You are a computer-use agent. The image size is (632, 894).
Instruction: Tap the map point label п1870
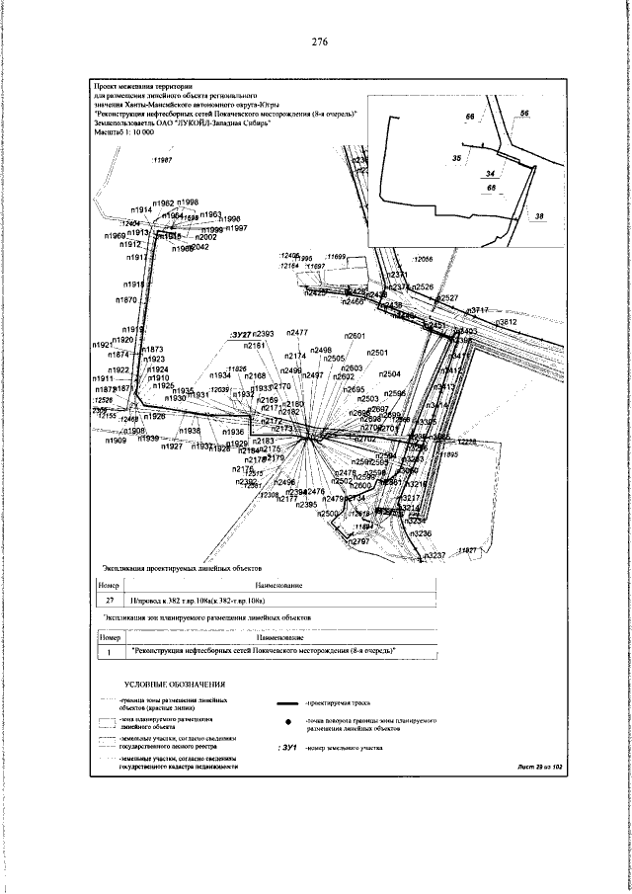pos(126,299)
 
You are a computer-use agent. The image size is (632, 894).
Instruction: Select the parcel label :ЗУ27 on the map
pos(241,336)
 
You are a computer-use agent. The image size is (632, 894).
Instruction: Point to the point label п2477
pos(297,333)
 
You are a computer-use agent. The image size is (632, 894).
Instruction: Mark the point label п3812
pos(505,322)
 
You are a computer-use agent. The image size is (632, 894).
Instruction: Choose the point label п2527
pos(447,297)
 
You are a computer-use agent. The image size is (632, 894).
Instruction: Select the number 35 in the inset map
pos(456,157)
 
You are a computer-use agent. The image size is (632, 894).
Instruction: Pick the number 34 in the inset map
pos(492,173)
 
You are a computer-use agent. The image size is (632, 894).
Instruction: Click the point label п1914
pos(141,210)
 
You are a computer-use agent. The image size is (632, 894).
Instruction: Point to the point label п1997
pos(235,228)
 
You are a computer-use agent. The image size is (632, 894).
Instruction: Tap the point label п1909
pos(116,442)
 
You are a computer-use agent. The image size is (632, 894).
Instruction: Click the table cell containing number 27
pos(110,600)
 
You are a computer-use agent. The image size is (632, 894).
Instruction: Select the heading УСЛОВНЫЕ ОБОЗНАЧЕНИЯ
pos(176,684)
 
